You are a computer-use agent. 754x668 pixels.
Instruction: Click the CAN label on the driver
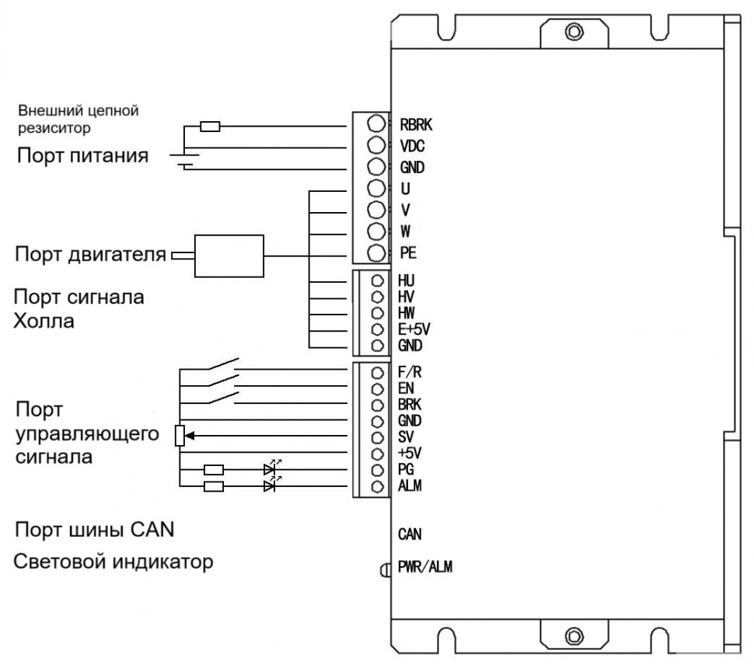409,534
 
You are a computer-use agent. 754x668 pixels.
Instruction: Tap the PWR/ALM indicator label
424,567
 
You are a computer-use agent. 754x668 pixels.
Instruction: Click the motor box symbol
229,256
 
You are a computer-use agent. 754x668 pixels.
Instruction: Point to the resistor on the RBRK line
210,125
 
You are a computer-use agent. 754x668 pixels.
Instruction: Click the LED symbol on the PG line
270,469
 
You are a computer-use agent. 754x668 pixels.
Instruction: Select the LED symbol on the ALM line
270,486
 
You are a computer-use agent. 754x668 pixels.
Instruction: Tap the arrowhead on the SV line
190,437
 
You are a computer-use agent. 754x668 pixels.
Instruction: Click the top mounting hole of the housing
573,32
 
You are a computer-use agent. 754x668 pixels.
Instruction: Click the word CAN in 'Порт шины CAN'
150,531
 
